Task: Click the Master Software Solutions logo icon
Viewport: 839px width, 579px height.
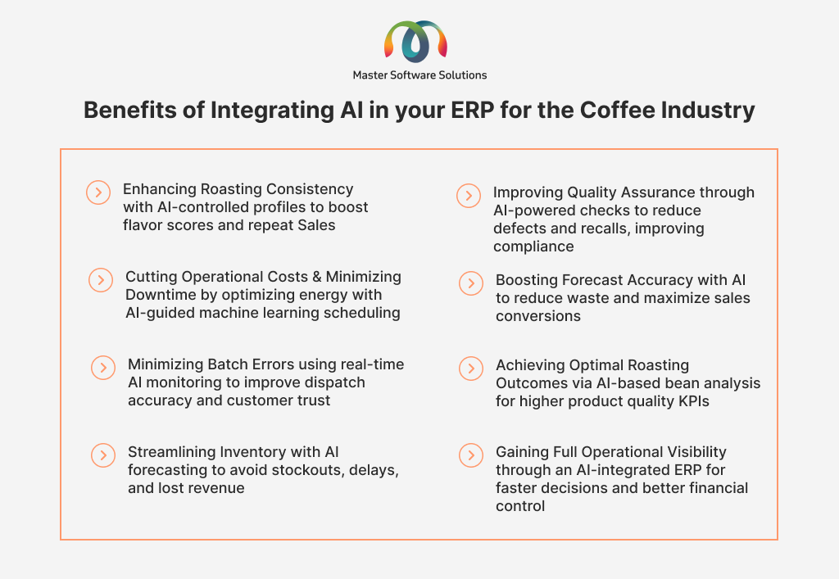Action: pyautogui.click(x=415, y=42)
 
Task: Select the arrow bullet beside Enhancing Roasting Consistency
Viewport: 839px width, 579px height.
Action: pyautogui.click(x=98, y=192)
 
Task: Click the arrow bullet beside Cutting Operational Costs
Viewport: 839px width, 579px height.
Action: pyautogui.click(x=101, y=280)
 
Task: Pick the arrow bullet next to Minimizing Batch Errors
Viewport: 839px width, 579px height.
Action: pyautogui.click(x=103, y=368)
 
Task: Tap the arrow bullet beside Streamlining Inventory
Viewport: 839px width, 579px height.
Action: pyautogui.click(x=103, y=455)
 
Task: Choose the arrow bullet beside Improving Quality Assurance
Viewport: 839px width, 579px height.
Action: pyautogui.click(x=469, y=196)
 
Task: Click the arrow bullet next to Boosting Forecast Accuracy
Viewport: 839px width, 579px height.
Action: pyautogui.click(x=471, y=283)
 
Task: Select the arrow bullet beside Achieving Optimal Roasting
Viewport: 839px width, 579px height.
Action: pyautogui.click(x=471, y=369)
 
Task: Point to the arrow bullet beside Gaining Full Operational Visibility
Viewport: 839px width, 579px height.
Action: pyautogui.click(x=471, y=455)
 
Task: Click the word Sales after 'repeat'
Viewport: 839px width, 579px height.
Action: pyautogui.click(x=317, y=225)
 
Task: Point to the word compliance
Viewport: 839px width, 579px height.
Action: pyautogui.click(x=533, y=247)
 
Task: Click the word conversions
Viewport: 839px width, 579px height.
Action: pyautogui.click(x=537, y=316)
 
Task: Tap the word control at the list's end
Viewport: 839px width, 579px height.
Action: pyautogui.click(x=520, y=506)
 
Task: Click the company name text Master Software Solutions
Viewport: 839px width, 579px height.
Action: pyautogui.click(x=419, y=75)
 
